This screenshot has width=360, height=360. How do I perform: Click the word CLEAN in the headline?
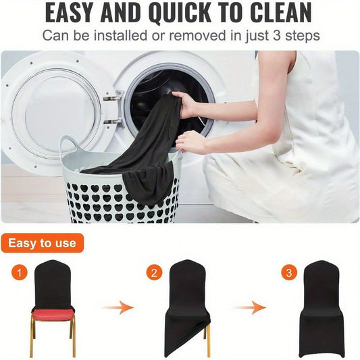tap(280, 13)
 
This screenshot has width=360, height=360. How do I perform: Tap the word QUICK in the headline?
tap(180, 14)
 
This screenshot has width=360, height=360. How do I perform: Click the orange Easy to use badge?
tap(42, 243)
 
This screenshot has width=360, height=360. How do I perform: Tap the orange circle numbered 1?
tap(20, 273)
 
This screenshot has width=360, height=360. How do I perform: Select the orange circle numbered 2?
tap(154, 273)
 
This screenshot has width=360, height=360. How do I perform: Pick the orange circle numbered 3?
tap(289, 273)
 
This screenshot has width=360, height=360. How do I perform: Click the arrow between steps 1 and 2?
tap(118, 307)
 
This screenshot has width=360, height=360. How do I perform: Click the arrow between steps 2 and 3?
tap(251, 307)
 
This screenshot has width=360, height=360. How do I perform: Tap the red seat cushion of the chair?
tap(53, 314)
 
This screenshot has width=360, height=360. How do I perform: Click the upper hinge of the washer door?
tap(113, 97)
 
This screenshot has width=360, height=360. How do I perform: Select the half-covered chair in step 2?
tap(188, 307)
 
